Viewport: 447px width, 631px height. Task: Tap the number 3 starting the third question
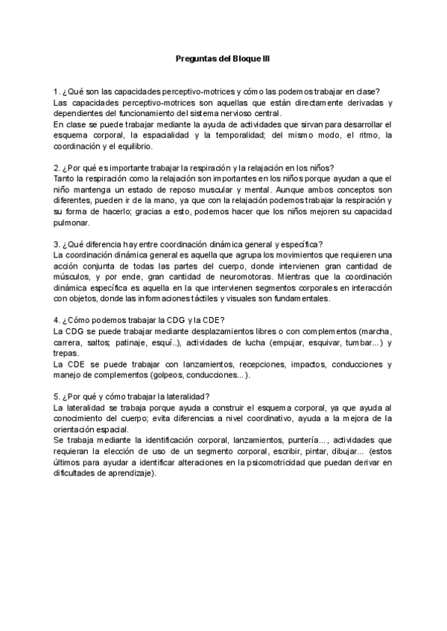(x=57, y=244)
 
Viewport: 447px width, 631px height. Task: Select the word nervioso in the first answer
(x=220, y=113)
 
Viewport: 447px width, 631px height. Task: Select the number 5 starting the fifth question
(x=57, y=397)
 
